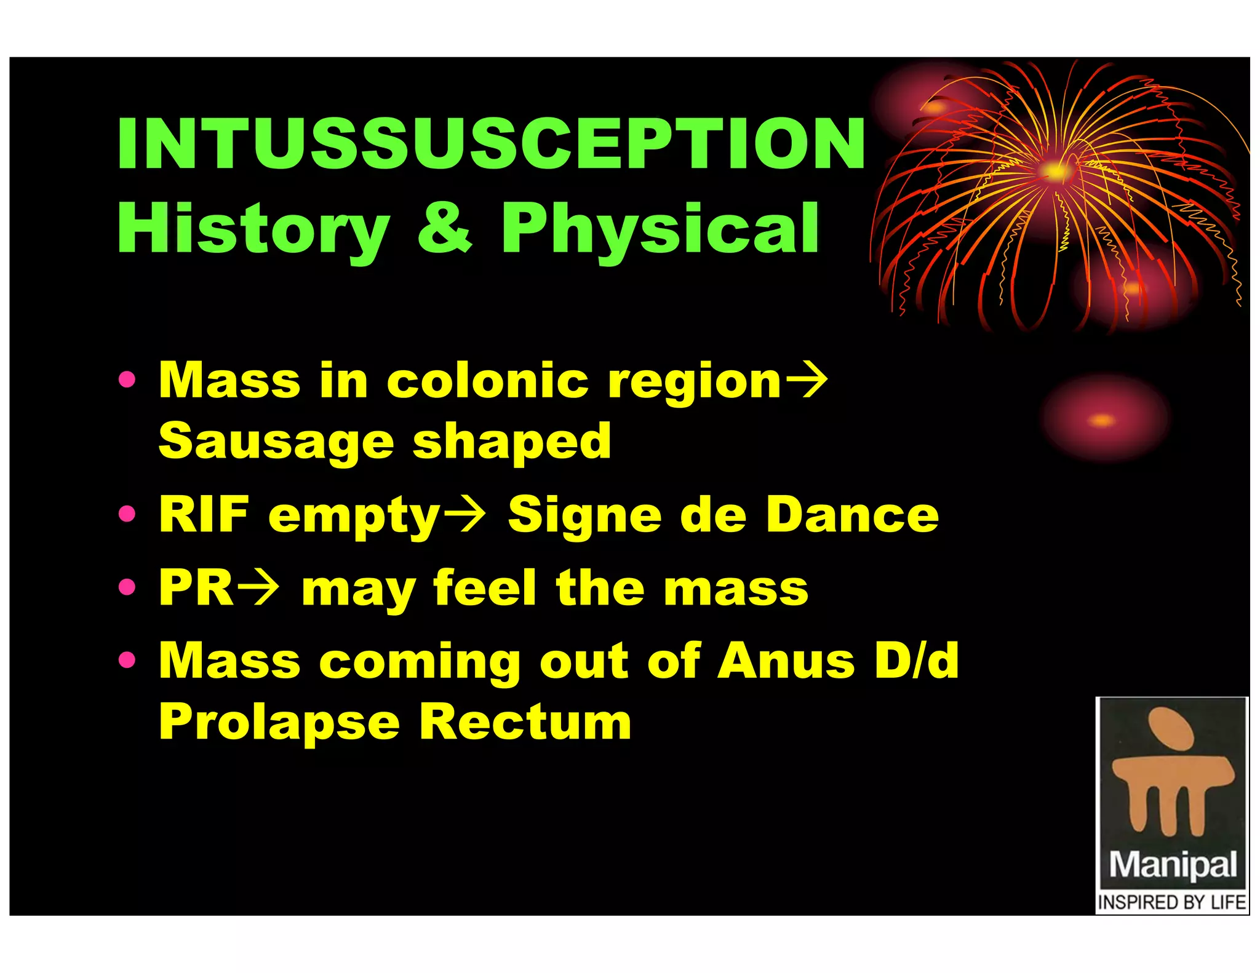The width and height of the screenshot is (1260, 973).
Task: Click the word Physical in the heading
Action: (660, 229)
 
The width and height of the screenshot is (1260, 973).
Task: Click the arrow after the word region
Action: (807, 381)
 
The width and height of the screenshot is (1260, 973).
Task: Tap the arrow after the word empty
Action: (465, 515)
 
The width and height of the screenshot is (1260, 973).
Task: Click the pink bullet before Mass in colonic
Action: (127, 380)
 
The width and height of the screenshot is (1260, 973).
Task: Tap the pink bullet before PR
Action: (127, 587)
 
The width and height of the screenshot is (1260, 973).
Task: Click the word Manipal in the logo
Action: (1172, 865)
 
